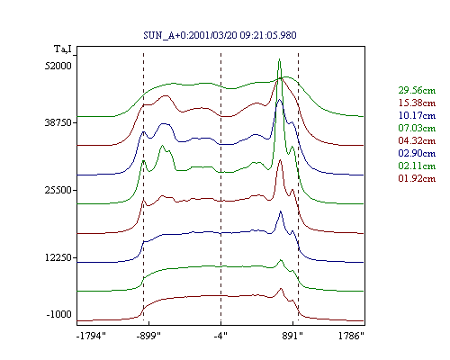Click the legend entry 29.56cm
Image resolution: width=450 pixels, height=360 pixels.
coord(417,90)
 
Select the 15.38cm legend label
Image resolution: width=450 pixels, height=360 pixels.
coord(417,103)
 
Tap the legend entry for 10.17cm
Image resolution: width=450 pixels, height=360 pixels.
coord(417,115)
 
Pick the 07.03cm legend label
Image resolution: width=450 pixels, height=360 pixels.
coord(417,128)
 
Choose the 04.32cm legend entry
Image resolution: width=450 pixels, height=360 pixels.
coord(417,140)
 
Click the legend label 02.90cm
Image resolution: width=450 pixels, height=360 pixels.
coord(417,153)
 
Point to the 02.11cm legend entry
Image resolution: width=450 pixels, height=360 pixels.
coord(417,166)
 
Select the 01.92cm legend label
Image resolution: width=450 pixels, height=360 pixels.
coord(417,178)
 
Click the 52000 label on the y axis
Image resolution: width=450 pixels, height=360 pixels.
coord(58,66)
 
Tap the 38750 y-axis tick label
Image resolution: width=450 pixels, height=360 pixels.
coord(58,122)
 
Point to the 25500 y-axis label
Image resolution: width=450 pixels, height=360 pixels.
coord(58,190)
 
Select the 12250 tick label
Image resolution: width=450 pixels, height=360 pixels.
coord(58,257)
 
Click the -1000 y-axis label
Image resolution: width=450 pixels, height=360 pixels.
coord(59,314)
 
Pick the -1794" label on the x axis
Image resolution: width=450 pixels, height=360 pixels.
coord(91,336)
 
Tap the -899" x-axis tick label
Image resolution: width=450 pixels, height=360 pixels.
coord(148,336)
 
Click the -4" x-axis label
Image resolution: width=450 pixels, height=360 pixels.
coord(220,336)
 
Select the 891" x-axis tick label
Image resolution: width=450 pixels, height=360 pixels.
coord(292,336)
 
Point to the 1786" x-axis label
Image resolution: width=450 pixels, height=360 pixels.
coord(351,336)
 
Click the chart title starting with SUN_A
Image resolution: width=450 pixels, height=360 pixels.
coord(220,35)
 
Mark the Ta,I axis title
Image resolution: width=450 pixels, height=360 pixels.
coord(63,49)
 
